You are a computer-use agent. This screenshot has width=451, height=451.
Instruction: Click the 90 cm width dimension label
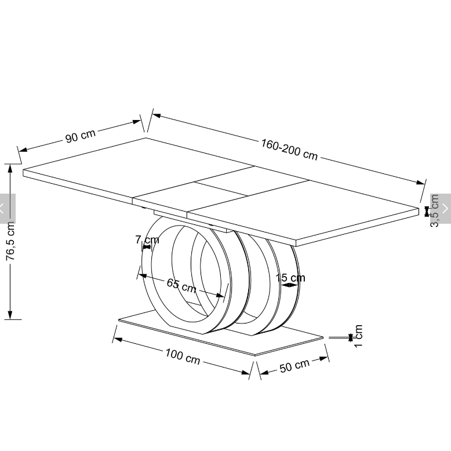point(80,136)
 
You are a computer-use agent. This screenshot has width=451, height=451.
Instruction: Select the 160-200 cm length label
point(289,150)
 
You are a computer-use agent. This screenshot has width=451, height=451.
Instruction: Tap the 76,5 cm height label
point(10,241)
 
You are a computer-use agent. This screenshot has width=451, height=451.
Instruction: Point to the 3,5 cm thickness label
point(434,211)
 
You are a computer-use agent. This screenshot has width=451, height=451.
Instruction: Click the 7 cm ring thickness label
point(147,239)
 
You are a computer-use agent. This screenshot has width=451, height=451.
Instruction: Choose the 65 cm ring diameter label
point(181,285)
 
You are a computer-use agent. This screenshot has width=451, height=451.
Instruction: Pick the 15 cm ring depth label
point(290,278)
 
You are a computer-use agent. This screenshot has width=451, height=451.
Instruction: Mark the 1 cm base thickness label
point(358,336)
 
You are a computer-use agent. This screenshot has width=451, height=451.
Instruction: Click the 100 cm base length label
point(183,357)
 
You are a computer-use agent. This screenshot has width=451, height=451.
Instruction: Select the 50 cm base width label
point(294,366)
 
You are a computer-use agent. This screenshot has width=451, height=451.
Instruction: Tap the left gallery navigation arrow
point(2,208)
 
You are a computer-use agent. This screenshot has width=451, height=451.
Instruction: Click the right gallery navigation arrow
point(445,208)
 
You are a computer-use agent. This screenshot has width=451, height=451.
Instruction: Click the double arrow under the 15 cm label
point(289,285)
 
